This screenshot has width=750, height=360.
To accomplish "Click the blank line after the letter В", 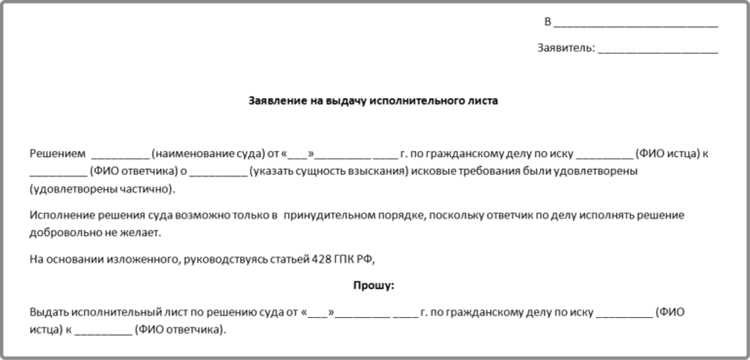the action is point(635,21).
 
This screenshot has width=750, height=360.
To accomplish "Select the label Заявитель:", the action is point(566,47).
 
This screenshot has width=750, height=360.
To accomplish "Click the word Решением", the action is point(58,153).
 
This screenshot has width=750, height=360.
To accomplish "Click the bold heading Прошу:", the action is point(374,285).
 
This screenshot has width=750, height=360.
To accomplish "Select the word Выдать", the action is point(54,312).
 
